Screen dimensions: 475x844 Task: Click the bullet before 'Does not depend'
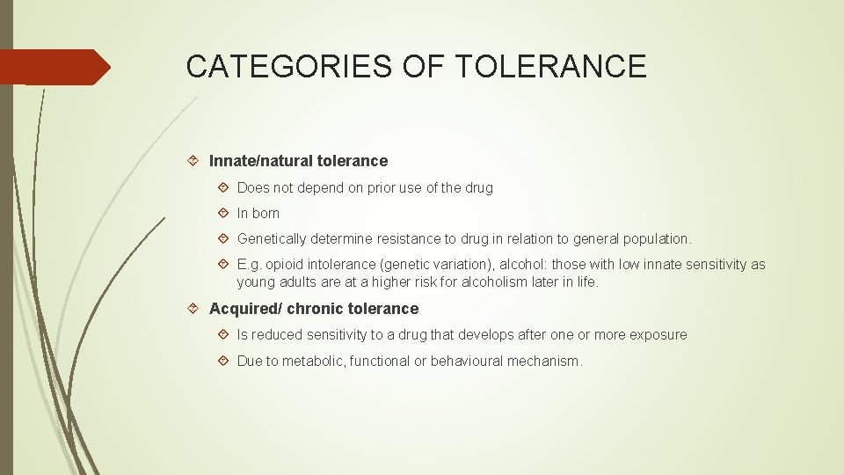[x=224, y=187]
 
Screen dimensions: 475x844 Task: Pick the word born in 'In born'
[x=265, y=213]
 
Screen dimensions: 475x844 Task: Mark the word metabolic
[x=310, y=361]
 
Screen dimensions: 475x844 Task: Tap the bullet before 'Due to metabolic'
[x=224, y=361]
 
